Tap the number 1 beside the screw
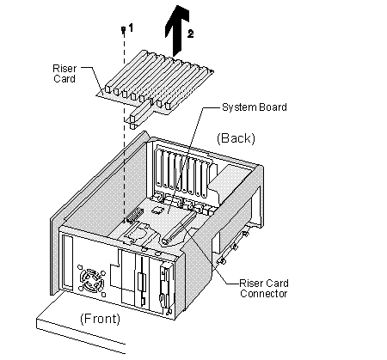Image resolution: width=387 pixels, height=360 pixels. click(x=131, y=28)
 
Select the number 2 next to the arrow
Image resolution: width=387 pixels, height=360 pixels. click(x=190, y=34)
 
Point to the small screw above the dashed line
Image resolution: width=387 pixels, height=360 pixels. click(x=124, y=29)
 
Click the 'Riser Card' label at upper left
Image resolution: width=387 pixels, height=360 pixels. click(x=64, y=74)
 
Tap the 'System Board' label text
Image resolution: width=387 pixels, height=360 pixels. click(x=255, y=107)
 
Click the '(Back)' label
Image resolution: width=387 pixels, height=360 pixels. click(x=236, y=138)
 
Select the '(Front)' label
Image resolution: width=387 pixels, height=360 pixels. click(x=100, y=319)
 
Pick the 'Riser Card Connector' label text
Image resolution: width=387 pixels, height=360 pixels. click(x=264, y=289)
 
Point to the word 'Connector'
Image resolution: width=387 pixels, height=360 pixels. click(x=264, y=294)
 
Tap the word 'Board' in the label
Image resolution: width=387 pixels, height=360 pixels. click(x=273, y=107)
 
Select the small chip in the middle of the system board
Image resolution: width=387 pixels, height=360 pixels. click(x=157, y=211)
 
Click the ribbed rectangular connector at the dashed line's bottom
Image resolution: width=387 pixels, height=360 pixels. click(x=134, y=215)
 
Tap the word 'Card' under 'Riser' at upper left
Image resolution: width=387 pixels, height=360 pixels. click(x=64, y=79)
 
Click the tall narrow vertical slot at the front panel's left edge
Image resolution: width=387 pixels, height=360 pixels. click(x=68, y=262)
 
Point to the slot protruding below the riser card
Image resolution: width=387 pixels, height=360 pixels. click(x=140, y=114)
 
